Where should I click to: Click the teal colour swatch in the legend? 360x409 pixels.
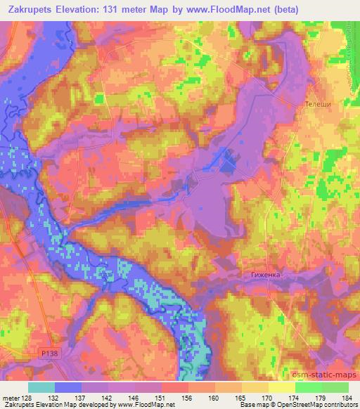click(x=41, y=387)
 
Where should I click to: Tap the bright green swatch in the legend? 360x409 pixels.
click(x=309, y=387)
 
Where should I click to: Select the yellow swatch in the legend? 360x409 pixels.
click(x=282, y=387)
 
